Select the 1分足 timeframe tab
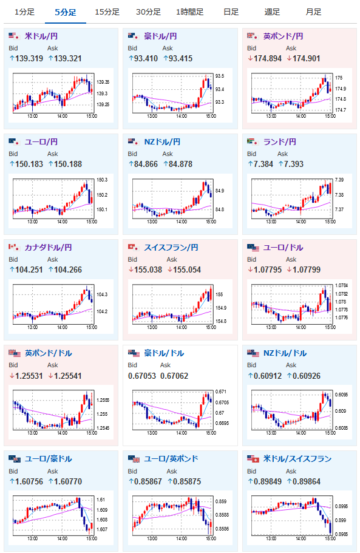[24, 12]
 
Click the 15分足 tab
[107, 12]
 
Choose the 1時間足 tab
[189, 12]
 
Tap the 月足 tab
[313, 12]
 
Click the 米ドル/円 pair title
[41, 36]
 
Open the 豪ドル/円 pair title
[160, 36]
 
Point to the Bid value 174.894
[268, 58]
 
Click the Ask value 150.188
[68, 164]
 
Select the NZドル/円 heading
[162, 142]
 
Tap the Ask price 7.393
[294, 164]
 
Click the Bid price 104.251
[29, 270]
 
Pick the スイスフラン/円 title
[171, 248]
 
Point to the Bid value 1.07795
[268, 270]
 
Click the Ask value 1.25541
[68, 376]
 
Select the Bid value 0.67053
[141, 376]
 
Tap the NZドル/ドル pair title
[285, 353]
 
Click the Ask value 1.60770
[68, 481]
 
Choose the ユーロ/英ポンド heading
[171, 458]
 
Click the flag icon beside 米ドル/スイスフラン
[253, 459]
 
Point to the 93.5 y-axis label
[220, 76]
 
